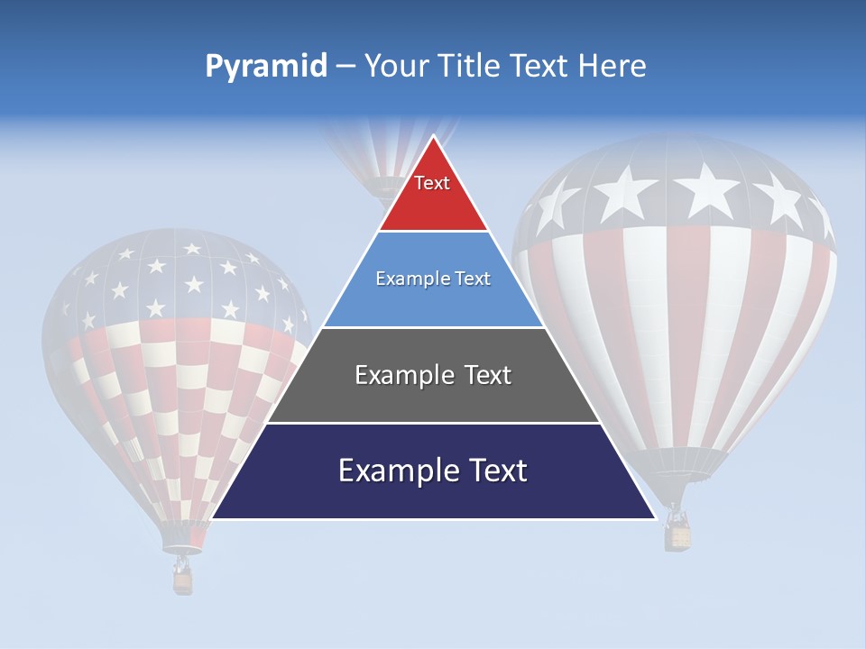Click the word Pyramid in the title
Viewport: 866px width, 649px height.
click(x=265, y=67)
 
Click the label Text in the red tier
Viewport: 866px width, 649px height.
click(x=432, y=183)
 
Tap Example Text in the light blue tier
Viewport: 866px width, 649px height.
click(x=433, y=279)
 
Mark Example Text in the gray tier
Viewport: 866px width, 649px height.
click(x=433, y=375)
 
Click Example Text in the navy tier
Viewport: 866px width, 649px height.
click(x=433, y=471)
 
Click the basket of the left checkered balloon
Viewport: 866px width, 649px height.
click(x=183, y=582)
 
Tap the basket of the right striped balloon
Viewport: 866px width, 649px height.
click(x=678, y=536)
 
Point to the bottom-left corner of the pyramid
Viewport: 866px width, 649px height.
click(x=213, y=517)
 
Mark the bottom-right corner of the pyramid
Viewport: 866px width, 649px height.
click(x=654, y=517)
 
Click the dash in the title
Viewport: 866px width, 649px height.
click(x=345, y=67)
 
